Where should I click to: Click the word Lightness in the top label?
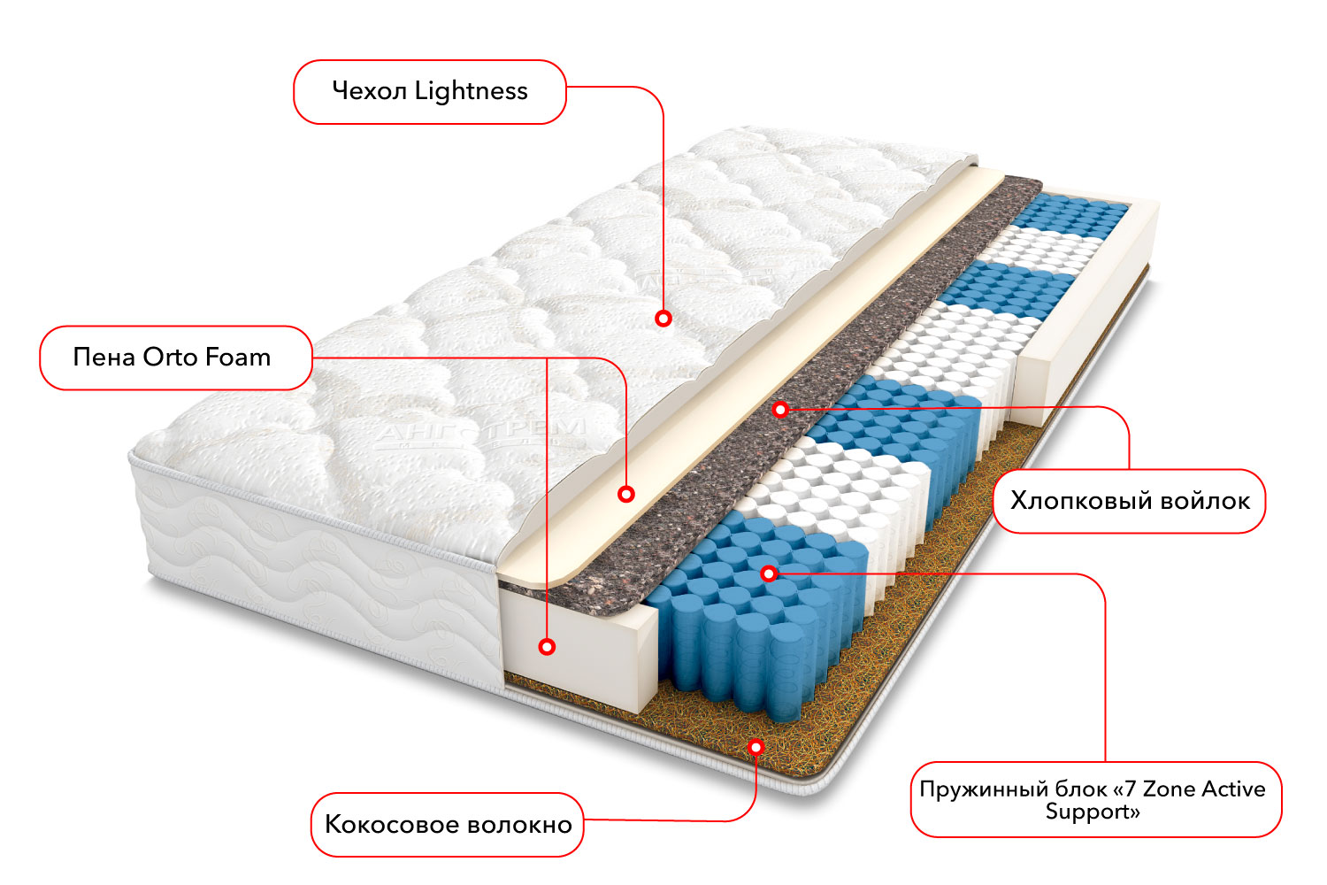[x=471, y=91]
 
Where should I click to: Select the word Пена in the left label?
[x=104, y=358]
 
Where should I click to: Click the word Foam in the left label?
[x=238, y=358]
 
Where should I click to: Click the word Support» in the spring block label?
[x=1093, y=812]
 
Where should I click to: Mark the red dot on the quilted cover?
[x=663, y=318]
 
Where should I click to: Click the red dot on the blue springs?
[x=769, y=573]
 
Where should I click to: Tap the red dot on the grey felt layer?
[x=779, y=410]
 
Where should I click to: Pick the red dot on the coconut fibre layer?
[x=756, y=747]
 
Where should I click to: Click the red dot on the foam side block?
[x=547, y=647]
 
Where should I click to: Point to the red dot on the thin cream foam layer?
[x=626, y=494]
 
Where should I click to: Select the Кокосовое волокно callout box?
[x=448, y=825]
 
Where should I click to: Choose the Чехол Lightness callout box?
[x=430, y=92]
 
